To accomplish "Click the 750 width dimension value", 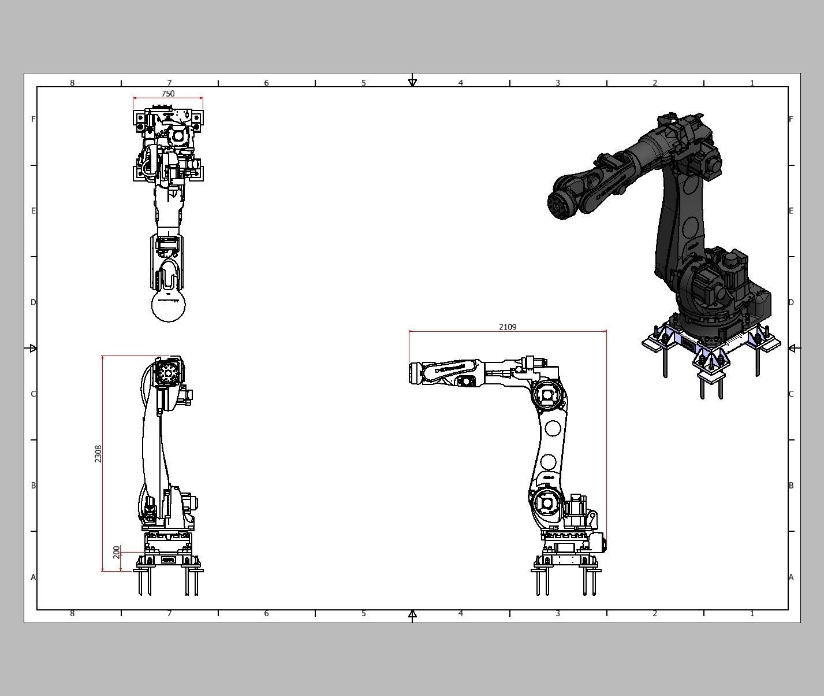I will [167, 94].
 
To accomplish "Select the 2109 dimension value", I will [508, 327].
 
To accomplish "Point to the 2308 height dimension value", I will [98, 454].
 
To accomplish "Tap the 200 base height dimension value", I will [117, 552].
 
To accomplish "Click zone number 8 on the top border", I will [72, 83].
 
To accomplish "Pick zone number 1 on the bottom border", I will [752, 613].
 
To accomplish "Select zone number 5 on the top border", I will [364, 83].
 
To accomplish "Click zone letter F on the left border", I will [33, 119].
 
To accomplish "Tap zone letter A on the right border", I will [791, 577].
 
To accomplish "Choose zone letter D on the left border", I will [33, 302].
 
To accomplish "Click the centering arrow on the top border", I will [412, 83].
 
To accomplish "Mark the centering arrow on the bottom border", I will [412, 614].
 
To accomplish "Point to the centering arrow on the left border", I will [33, 348].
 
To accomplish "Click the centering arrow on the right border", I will [792, 348].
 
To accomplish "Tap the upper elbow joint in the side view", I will [547, 396].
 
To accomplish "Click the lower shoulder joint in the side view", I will [546, 503].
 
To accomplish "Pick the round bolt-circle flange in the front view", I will [169, 373].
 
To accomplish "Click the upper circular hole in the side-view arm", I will [553, 428].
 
